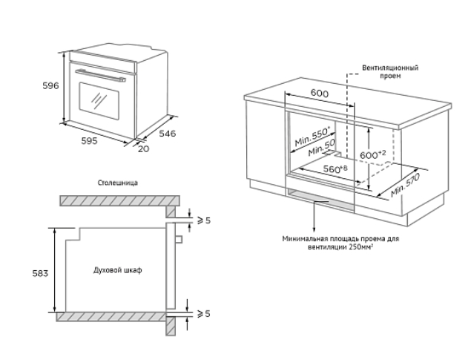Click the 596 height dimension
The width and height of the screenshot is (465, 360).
(50, 86)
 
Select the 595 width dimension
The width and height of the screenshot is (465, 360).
(89, 141)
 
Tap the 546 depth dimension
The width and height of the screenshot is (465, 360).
(168, 134)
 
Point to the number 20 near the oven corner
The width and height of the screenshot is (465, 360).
(144, 148)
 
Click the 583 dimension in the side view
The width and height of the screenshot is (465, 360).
(40, 273)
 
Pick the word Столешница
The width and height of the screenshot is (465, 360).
(118, 183)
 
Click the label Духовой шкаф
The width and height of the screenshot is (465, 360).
(118, 270)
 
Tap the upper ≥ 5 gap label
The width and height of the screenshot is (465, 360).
(204, 220)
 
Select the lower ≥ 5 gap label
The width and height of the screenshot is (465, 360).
(204, 313)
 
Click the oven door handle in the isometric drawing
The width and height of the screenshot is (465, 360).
(101, 76)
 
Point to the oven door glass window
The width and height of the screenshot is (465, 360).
(99, 101)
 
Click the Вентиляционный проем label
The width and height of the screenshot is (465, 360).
(390, 71)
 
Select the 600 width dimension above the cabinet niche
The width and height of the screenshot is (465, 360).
(320, 94)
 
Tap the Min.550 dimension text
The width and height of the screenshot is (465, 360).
(312, 137)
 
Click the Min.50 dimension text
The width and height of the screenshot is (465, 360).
(321, 148)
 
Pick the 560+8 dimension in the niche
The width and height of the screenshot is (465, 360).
(335, 169)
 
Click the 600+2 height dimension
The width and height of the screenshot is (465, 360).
(373, 154)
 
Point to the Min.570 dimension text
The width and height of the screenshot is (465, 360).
(405, 185)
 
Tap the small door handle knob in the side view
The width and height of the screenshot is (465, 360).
(179, 239)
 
